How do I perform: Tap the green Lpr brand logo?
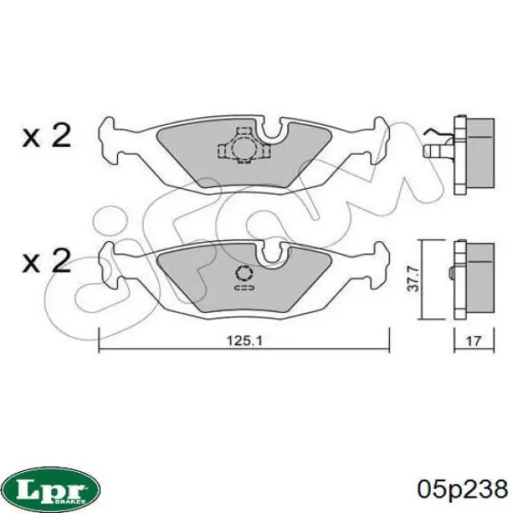pyautogui.click(x=50, y=488)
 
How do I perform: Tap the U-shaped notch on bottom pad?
pyautogui.click(x=274, y=253)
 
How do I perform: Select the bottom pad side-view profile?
pyautogui.click(x=475, y=275)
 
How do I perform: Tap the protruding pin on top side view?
pyautogui.click(x=433, y=150)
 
